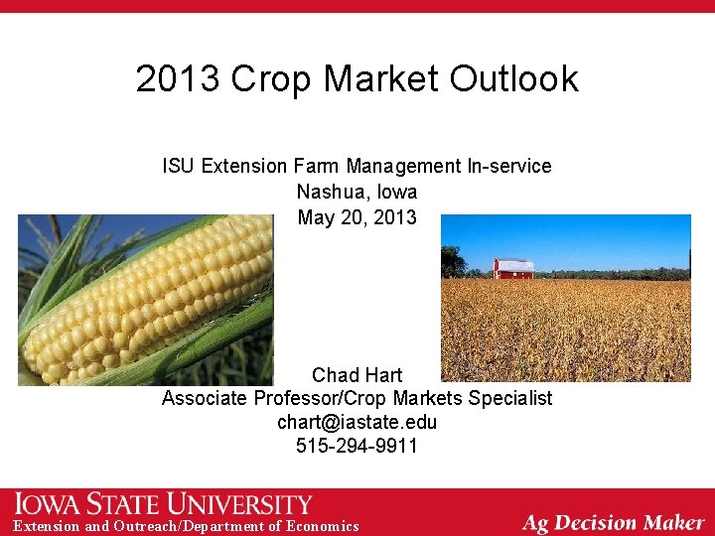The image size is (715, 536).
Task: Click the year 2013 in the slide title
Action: coord(178,78)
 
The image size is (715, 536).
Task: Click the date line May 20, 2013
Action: coord(357,217)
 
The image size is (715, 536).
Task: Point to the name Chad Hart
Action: coord(357,375)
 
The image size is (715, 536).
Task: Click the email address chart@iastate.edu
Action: coord(357,423)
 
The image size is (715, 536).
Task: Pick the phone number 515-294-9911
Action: coord(357,447)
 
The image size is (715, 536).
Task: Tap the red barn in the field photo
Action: coord(513,268)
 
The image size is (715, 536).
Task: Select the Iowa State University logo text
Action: coord(164,504)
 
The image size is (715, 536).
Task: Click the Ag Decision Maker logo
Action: coord(613,522)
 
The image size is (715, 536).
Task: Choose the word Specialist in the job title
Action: coord(506,399)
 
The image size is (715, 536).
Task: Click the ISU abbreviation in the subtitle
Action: coord(179,166)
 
